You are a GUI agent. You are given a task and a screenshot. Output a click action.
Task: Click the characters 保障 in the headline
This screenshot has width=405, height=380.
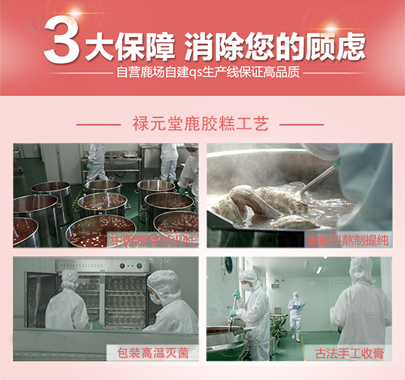pos(146,47)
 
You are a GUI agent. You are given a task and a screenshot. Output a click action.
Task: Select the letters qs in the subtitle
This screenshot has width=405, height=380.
pos(196,73)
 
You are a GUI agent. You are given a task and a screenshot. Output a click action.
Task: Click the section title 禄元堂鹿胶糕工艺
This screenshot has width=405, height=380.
pos(201,124)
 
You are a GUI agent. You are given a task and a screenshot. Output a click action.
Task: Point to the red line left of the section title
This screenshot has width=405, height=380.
pos(99,125)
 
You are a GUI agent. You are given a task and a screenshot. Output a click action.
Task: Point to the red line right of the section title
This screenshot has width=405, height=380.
pos(301,125)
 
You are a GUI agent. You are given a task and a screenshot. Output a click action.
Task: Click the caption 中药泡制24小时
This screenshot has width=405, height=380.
pos(152,240)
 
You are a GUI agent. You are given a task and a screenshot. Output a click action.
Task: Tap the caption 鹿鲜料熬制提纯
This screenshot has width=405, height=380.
pos(348,240)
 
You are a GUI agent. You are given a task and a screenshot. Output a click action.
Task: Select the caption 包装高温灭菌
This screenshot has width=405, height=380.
pos(153,353)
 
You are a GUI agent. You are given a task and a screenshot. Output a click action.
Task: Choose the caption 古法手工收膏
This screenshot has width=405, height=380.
pos(349,353)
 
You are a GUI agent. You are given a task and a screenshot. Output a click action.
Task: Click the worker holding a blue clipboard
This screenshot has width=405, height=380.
pos(296,314)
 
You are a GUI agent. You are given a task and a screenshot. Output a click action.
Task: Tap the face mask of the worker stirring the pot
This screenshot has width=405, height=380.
pos(247,287)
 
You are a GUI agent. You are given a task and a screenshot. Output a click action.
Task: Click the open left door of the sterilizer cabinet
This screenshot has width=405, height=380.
pos(42,300)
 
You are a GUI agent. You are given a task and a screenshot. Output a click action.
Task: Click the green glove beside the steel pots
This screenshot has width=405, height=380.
pos(183,191)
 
